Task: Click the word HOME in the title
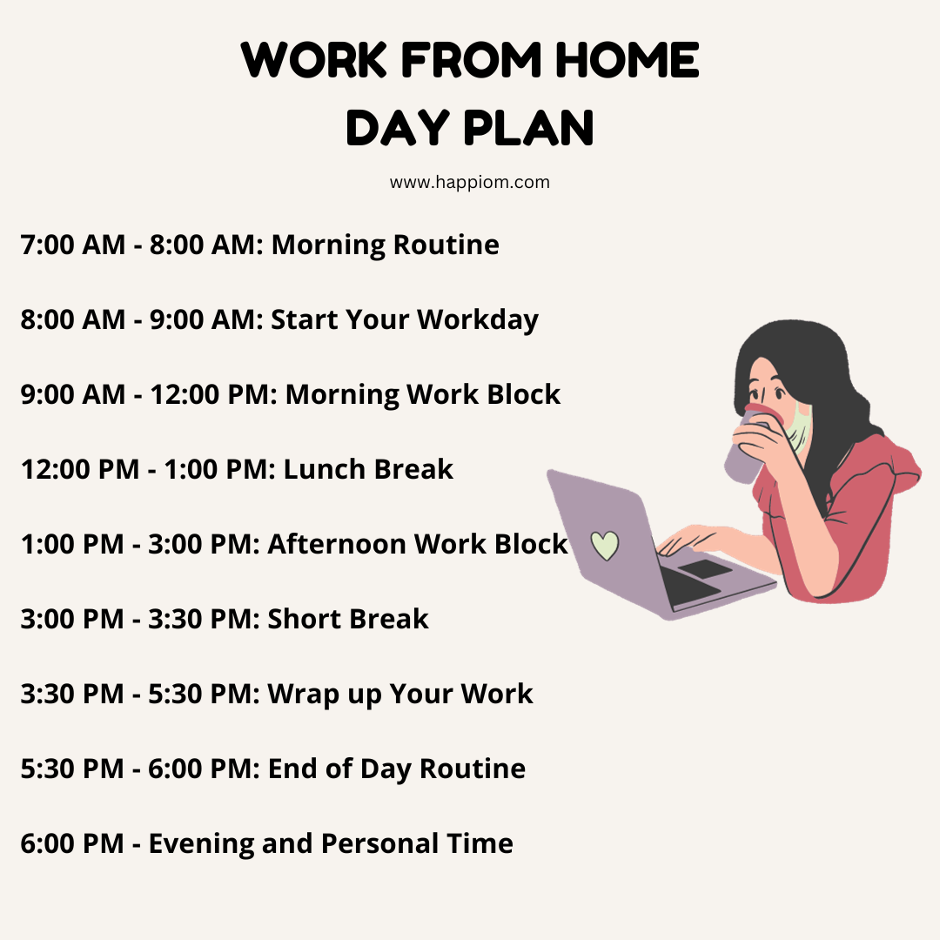coord(627,60)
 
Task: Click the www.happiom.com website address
coord(469,182)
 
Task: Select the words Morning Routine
coord(385,245)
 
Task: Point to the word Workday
coord(478,320)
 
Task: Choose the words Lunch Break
coord(368,469)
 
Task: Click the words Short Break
coord(347,620)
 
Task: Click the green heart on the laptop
coord(604,545)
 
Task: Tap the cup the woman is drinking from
coord(747,445)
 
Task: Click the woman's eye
coord(779,393)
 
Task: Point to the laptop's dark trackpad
coord(705,569)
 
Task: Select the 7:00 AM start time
coord(73,245)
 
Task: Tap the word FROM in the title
coord(471,60)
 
